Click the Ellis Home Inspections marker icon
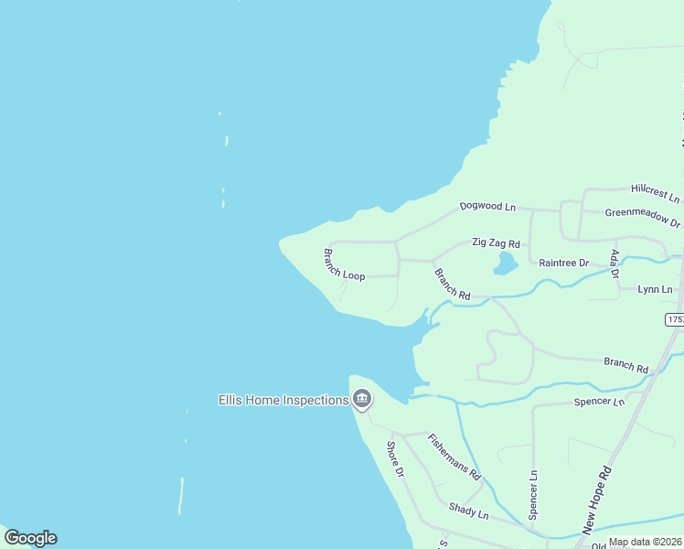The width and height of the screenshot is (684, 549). [362, 400]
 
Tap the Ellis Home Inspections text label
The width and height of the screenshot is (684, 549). [283, 400]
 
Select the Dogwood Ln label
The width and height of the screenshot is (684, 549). [487, 207]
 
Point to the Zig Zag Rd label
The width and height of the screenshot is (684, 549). [496, 243]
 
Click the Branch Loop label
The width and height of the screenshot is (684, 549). [344, 264]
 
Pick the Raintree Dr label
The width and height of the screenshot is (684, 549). [564, 263]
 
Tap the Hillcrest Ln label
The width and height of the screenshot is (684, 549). [656, 193]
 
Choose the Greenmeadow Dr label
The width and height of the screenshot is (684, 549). [643, 218]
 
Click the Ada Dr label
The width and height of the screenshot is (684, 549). [615, 264]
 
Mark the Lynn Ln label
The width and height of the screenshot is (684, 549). [655, 289]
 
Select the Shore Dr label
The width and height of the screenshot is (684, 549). [395, 459]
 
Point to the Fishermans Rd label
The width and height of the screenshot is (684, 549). [454, 457]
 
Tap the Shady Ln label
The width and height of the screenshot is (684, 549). [468, 511]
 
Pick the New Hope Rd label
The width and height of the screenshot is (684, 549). [596, 502]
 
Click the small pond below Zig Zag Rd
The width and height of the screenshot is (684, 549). [505, 264]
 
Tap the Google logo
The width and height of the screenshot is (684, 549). [30, 538]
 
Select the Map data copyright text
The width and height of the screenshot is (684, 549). [644, 542]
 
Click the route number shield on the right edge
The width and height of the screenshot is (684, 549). [675, 319]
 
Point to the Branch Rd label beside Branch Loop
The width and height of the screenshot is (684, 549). [452, 284]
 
